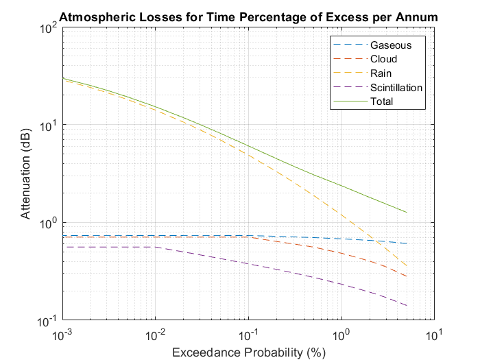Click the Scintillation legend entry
(x=396, y=88)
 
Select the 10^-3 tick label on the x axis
(x=62, y=335)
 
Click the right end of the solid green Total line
(x=407, y=213)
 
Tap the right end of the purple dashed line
(x=407, y=306)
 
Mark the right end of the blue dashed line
(x=407, y=243)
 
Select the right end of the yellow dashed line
(x=407, y=266)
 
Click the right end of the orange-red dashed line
(x=407, y=276)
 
